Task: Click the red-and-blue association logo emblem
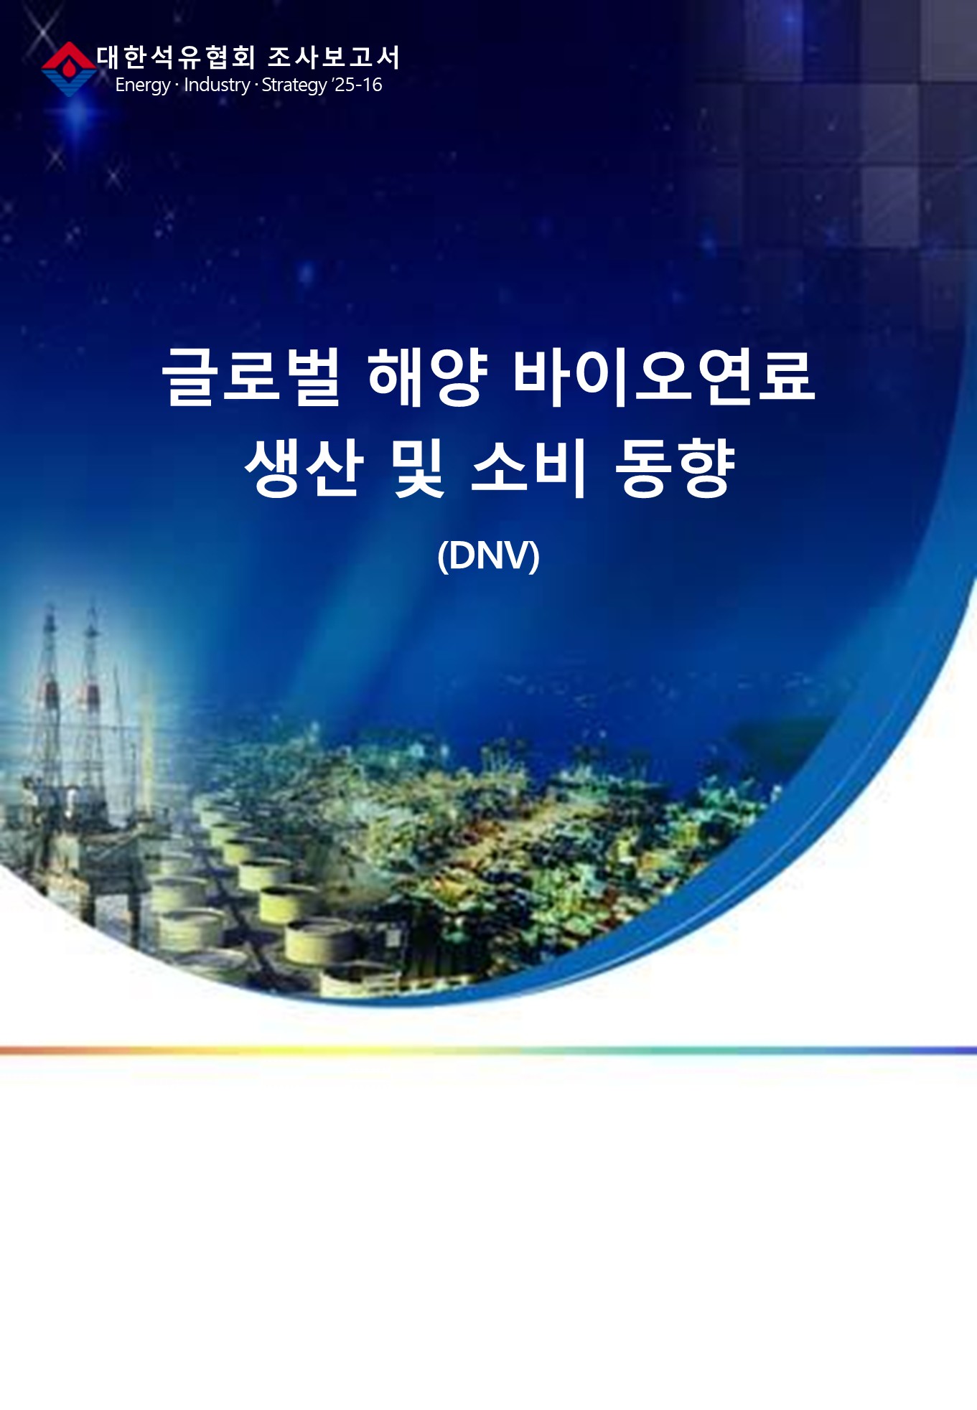pos(68,69)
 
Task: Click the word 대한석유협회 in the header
pos(176,57)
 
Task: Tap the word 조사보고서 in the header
pos(333,57)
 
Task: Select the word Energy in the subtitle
pos(142,85)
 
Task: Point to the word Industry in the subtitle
pos(217,85)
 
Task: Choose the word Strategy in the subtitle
pos(294,85)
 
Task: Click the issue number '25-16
pos(357,85)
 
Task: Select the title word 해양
pos(428,376)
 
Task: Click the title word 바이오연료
pos(664,376)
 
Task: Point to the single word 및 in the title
pos(419,467)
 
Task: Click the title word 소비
pos(529,467)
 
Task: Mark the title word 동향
pos(676,467)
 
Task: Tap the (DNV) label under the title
pos(488,555)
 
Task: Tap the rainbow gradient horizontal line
pos(488,1051)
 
